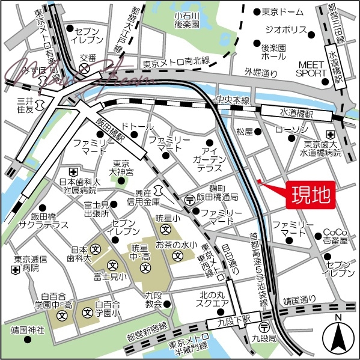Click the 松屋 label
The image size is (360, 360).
tap(245, 130)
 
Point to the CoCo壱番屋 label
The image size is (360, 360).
tap(335, 236)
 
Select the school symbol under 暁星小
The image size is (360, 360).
tap(164, 228)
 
